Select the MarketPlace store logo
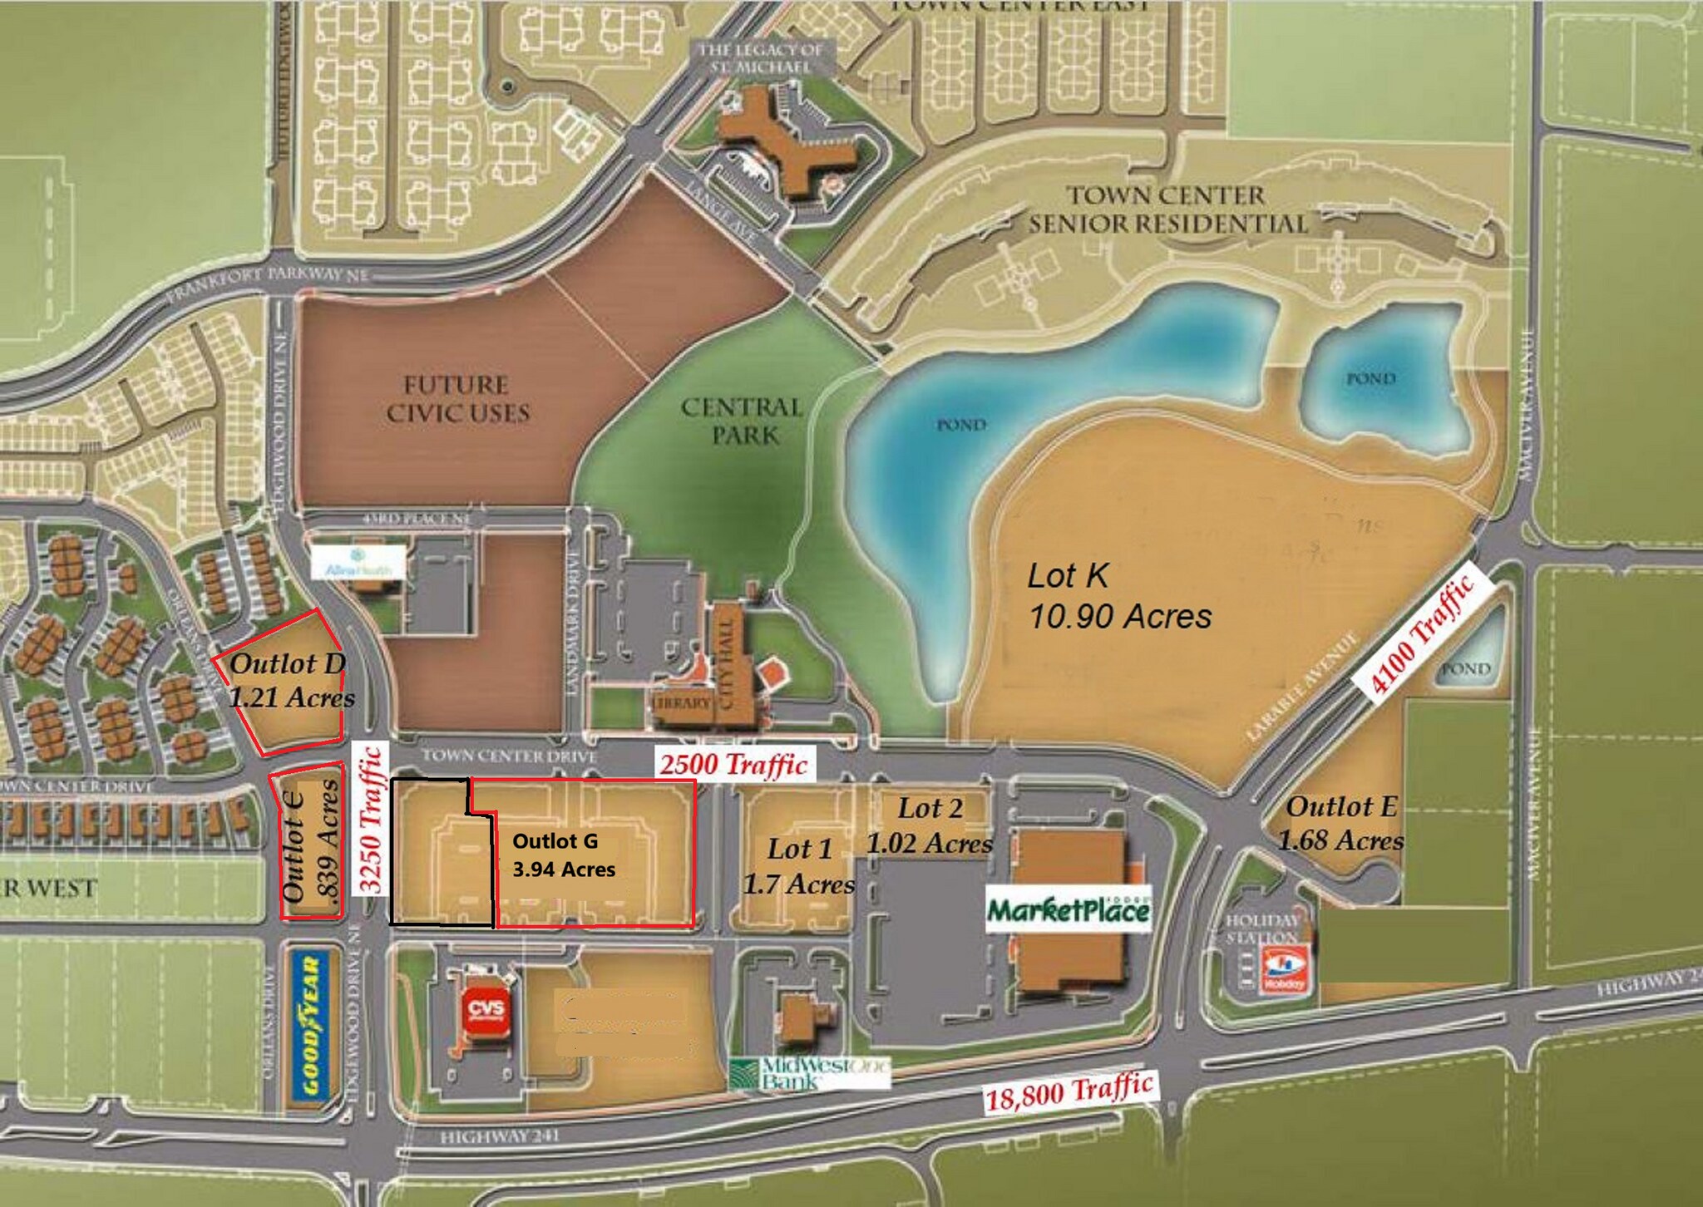[x=1069, y=911]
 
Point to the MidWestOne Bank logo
[x=808, y=1073]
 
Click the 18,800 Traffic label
[x=1069, y=1091]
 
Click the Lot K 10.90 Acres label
[x=1118, y=597]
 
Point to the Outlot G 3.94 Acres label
[x=564, y=855]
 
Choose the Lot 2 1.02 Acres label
[x=930, y=825]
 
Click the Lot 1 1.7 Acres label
[x=799, y=866]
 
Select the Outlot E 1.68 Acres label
[x=1340, y=823]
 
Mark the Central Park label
[x=742, y=421]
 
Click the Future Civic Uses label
[x=457, y=399]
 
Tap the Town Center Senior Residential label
[x=1167, y=209]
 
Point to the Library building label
[x=682, y=702]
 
